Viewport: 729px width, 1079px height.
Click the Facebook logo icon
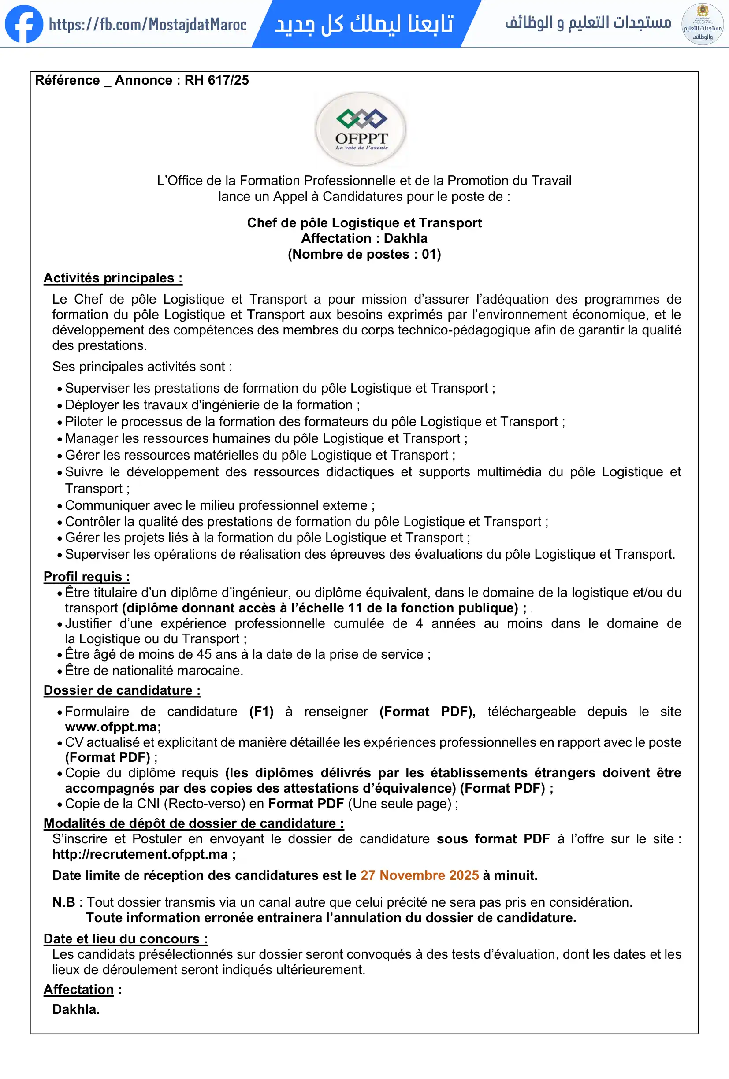coord(24,24)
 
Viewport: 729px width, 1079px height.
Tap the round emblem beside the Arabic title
coord(702,24)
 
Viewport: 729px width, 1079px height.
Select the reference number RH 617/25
coord(216,80)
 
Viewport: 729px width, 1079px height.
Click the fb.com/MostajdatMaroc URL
coord(148,25)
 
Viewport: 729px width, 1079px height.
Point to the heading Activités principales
coord(113,278)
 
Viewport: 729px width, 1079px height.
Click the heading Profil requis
coord(87,577)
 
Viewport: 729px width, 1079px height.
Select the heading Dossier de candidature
coord(122,690)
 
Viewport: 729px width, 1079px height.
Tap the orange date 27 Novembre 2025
coord(419,875)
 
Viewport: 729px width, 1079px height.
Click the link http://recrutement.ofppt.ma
coord(140,854)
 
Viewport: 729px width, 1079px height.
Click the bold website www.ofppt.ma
coord(113,727)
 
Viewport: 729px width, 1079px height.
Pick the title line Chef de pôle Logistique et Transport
coord(364,223)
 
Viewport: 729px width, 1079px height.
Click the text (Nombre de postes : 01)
coord(364,254)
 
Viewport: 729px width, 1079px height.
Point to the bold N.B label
coord(63,902)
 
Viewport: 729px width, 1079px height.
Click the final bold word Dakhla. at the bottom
coord(76,1009)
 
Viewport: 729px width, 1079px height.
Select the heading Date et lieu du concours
coord(125,939)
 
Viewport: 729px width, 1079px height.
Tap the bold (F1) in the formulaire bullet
coord(261,711)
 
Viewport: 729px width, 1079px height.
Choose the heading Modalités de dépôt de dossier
coord(193,823)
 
